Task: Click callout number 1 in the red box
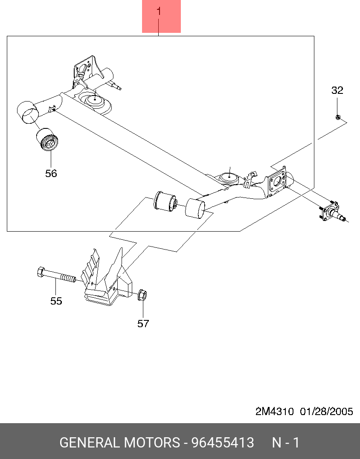point(159,12)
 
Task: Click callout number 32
point(337,90)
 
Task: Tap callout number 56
point(51,173)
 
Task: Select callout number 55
point(56,301)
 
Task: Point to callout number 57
point(143,323)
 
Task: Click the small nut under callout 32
point(337,117)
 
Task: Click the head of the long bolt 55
point(41,272)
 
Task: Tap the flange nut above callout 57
point(142,295)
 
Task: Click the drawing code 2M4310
point(274,411)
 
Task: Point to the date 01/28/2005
point(326,411)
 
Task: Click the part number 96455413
point(222,443)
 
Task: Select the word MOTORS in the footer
point(152,443)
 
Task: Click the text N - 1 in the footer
point(286,443)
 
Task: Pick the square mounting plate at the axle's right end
point(276,181)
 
